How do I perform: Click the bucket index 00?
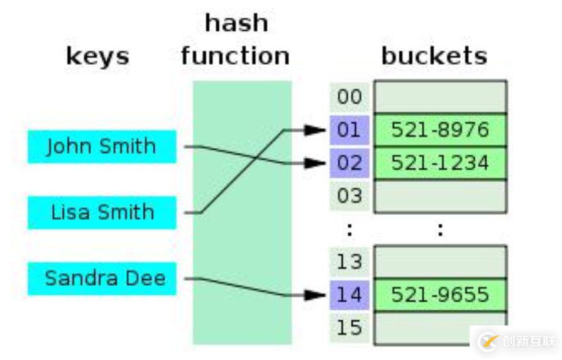pyautogui.click(x=350, y=97)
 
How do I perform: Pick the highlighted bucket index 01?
pyautogui.click(x=350, y=130)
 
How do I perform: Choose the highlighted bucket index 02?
pyautogui.click(x=350, y=163)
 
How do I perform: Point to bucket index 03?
pyautogui.click(x=350, y=195)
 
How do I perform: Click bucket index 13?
pyautogui.click(x=350, y=261)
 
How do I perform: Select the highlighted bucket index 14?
pyautogui.click(x=350, y=294)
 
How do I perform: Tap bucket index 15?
pyautogui.click(x=350, y=327)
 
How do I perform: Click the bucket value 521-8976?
pyautogui.click(x=440, y=130)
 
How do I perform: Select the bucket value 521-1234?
pyautogui.click(x=440, y=163)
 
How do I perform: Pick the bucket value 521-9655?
pyautogui.click(x=440, y=294)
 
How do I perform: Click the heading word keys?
pyautogui.click(x=97, y=57)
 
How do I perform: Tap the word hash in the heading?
pyautogui.click(x=236, y=24)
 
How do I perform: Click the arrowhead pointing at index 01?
pyautogui.click(x=316, y=130)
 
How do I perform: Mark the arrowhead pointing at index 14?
pyautogui.click(x=316, y=294)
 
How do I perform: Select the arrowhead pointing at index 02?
pyautogui.click(x=316, y=163)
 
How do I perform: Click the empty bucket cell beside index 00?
pyautogui.click(x=440, y=97)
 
